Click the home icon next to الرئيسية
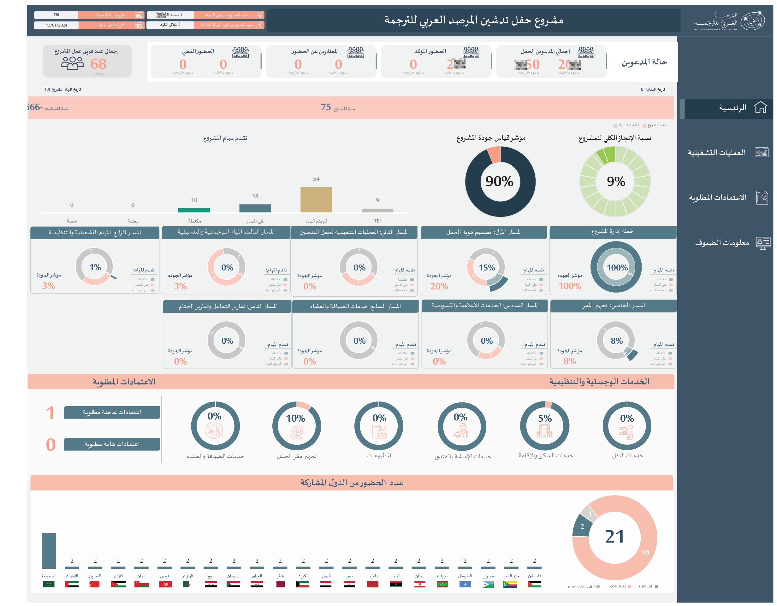coord(760,107)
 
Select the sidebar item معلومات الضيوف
coord(722,243)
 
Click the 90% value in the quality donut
coord(500,181)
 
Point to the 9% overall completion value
coord(616,181)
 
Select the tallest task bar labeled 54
coord(316,199)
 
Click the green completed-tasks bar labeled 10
coord(194,210)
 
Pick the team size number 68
coord(98,64)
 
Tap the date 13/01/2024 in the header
coord(56,25)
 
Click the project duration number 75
coord(326,107)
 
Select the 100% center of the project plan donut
coord(617,267)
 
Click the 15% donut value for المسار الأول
coord(487,267)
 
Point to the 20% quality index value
coord(439,286)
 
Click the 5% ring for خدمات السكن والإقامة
coord(545,425)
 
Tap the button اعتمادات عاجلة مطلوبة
coord(112,412)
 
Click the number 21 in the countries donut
coord(614,537)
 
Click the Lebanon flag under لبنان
coord(419,584)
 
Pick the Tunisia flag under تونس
coord(165,584)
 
